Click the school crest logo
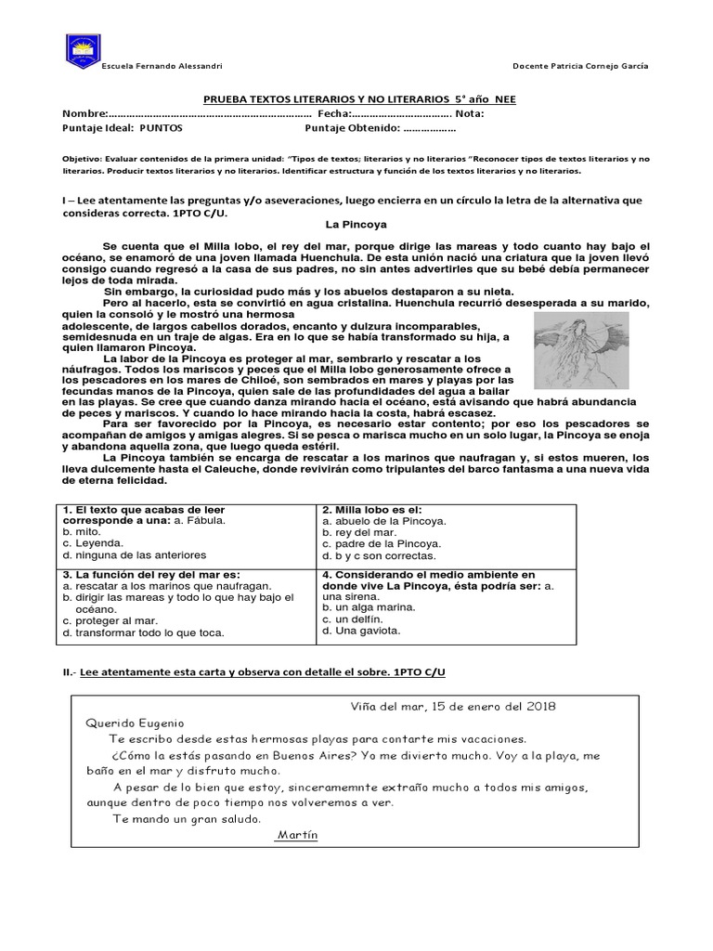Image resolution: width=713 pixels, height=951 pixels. pos(84,51)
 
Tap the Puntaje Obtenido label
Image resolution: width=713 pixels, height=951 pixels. pos(352,128)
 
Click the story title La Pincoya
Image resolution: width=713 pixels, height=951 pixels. pos(356,225)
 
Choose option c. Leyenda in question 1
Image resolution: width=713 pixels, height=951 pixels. pos(92,543)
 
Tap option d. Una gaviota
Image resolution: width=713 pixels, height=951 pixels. pos(361,631)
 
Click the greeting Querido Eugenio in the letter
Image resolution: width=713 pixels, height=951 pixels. pos(136,723)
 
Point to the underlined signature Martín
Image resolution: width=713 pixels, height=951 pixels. pos(297,835)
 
